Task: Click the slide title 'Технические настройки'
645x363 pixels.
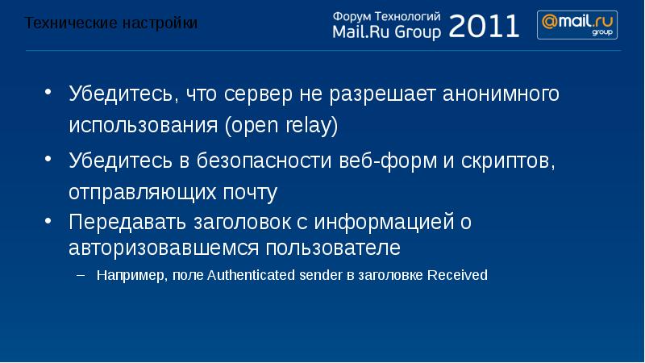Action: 111,23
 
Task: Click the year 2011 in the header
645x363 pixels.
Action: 485,27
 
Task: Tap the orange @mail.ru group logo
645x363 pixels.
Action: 578,24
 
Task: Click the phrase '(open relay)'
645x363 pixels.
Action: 281,127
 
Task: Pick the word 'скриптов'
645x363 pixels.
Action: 509,161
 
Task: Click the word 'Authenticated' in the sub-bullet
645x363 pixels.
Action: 247,275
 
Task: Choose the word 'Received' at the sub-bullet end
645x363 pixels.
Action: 457,275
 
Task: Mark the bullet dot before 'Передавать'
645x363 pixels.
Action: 49,220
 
